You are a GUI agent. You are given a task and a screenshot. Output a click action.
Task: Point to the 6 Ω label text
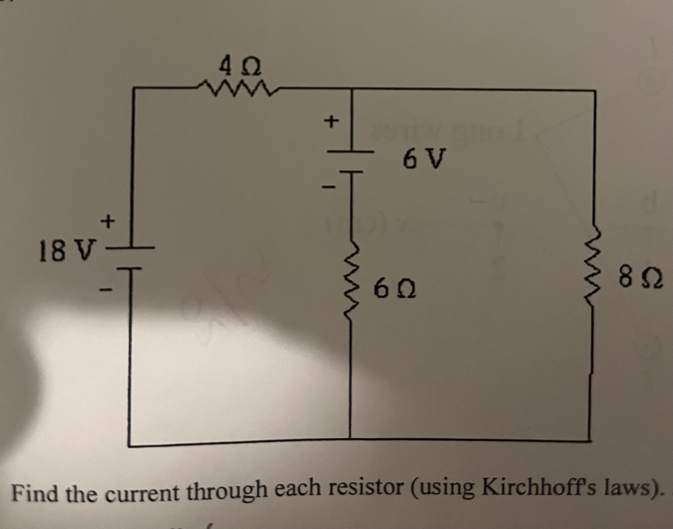point(395,289)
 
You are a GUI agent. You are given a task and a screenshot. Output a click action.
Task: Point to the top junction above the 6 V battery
point(352,89)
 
